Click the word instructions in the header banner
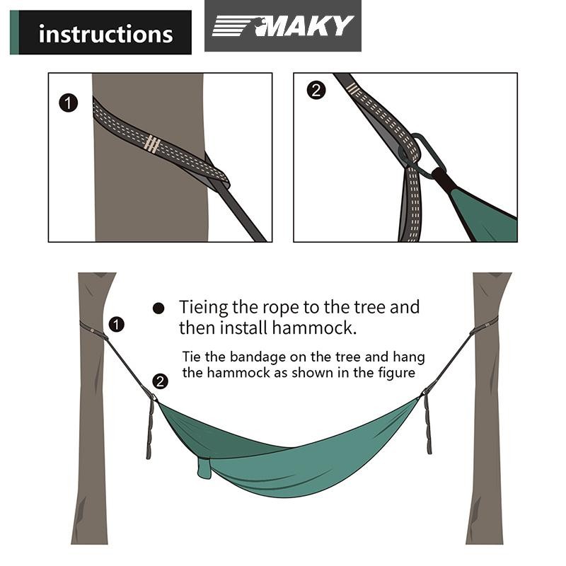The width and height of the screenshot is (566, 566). pyautogui.click(x=105, y=34)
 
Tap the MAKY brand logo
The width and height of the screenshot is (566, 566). pyautogui.click(x=282, y=26)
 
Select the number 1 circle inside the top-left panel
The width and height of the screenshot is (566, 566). pyautogui.click(x=68, y=103)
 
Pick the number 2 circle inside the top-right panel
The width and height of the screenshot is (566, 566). pyautogui.click(x=316, y=91)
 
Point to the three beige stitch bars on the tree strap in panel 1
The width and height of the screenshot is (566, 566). pyautogui.click(x=151, y=144)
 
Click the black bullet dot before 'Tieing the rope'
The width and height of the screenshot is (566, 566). pyautogui.click(x=158, y=308)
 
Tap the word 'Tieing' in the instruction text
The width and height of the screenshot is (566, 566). pyautogui.click(x=204, y=308)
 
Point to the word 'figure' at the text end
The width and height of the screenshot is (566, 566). pyautogui.click(x=397, y=374)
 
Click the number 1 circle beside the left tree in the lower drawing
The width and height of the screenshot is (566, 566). pyautogui.click(x=116, y=324)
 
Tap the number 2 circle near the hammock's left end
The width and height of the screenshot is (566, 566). pyautogui.click(x=161, y=381)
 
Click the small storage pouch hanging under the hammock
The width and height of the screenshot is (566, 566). pyautogui.click(x=204, y=468)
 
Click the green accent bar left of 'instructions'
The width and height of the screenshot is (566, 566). pyautogui.click(x=14, y=33)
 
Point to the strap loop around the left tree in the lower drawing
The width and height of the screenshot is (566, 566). pyautogui.click(x=93, y=330)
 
